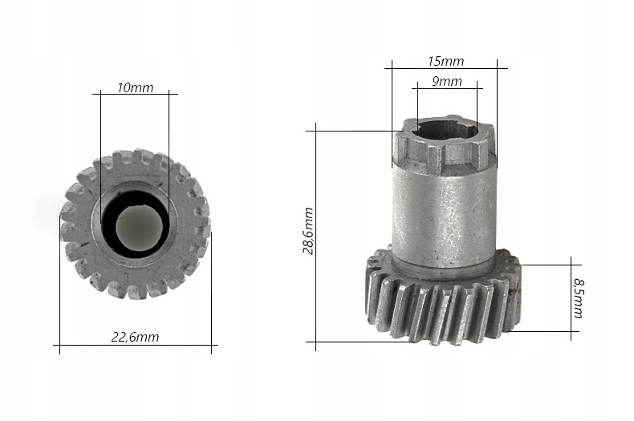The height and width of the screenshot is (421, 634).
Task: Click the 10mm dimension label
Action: point(136,87)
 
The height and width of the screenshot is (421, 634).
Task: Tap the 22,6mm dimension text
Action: point(135,337)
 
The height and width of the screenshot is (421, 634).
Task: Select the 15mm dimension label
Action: point(445,62)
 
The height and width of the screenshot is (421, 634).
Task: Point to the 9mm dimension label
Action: point(447,81)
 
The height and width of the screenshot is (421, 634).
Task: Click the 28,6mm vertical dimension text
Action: point(308,231)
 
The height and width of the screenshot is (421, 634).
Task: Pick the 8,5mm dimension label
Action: point(579,298)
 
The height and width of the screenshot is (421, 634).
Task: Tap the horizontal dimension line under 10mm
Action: point(135,94)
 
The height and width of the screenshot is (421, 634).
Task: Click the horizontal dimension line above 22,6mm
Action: point(136,345)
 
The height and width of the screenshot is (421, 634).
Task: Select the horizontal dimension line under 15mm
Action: point(446,68)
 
